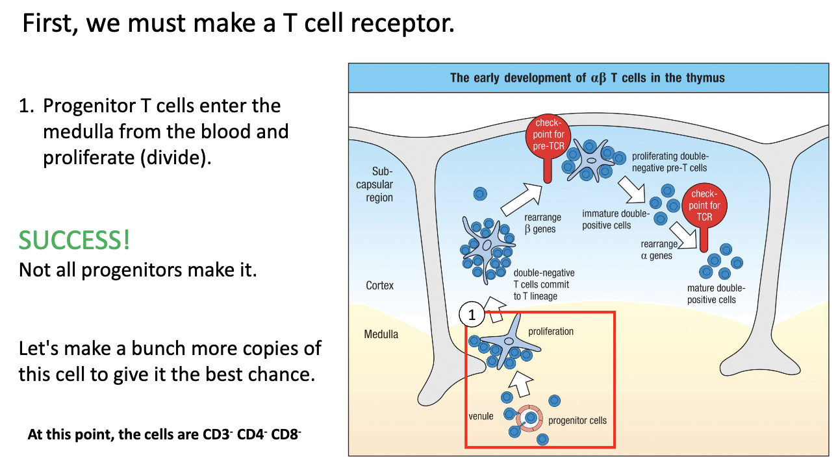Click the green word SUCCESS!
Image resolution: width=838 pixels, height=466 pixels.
pyautogui.click(x=74, y=239)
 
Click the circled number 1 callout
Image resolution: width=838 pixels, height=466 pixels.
pyautogui.click(x=472, y=315)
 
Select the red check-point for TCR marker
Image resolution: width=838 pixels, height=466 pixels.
pyautogui.click(x=704, y=206)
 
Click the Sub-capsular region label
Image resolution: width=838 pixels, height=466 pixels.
pyautogui.click(x=379, y=184)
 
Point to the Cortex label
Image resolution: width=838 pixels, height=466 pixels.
pyautogui.click(x=379, y=286)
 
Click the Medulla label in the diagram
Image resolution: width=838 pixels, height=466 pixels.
pyautogui.click(x=381, y=334)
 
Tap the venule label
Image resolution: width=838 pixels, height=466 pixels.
pyautogui.click(x=482, y=415)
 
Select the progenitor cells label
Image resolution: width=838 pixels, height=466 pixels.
pyautogui.click(x=577, y=421)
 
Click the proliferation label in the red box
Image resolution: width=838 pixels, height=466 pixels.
pyautogui.click(x=550, y=332)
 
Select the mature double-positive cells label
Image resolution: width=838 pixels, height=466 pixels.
pyautogui.click(x=715, y=293)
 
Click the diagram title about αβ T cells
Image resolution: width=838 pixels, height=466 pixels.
pyautogui.click(x=587, y=78)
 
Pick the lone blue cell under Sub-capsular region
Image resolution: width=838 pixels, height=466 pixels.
pyautogui.click(x=479, y=193)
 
